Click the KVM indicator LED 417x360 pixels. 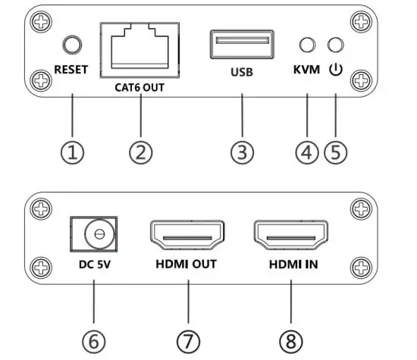pos(307,45)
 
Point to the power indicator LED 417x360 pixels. pos(334,45)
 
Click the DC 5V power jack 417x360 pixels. pos(94,235)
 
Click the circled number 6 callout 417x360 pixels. pos(93,341)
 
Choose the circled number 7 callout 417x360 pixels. pos(187,341)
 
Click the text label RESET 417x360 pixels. pos(71,70)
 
